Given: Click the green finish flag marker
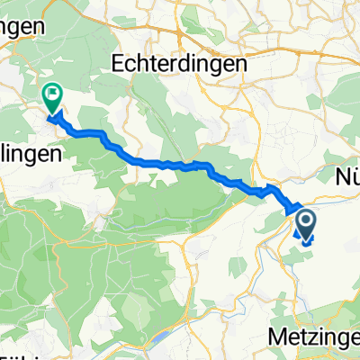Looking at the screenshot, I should pos(53,95).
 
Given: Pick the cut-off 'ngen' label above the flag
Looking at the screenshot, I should pos(22,27).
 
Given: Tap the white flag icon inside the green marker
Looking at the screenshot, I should pos(53,92).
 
